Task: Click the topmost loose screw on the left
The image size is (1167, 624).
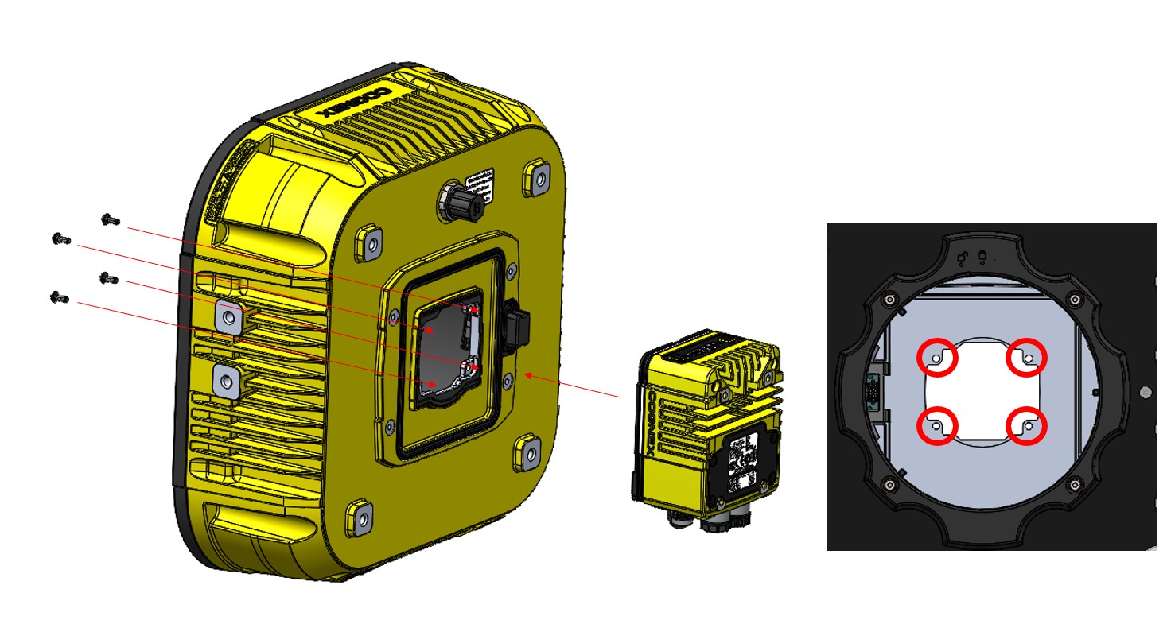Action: click(x=111, y=219)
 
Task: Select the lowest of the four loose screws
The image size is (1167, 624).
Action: click(x=59, y=298)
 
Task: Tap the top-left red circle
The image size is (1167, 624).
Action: click(x=938, y=359)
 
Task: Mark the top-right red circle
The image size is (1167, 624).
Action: click(x=1026, y=359)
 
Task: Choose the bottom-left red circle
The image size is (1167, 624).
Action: click(x=938, y=425)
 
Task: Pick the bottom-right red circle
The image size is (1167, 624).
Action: click(x=1026, y=425)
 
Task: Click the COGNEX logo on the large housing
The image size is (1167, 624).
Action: click(x=358, y=103)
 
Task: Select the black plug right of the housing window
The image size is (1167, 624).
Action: click(x=516, y=326)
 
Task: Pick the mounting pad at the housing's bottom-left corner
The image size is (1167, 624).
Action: click(x=358, y=516)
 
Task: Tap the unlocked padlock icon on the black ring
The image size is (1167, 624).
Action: click(x=963, y=256)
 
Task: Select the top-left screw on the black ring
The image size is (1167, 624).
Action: click(x=889, y=300)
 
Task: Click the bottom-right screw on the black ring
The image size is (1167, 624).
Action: click(x=1076, y=484)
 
